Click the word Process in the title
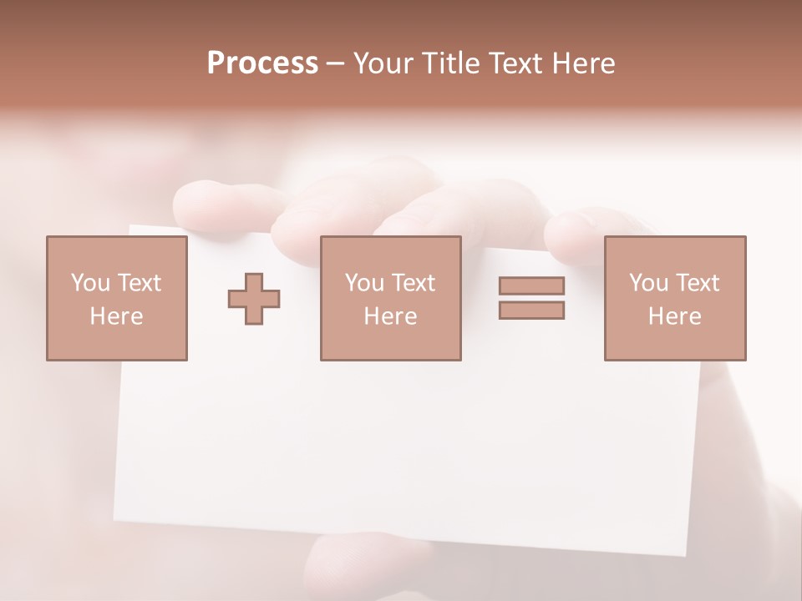(x=262, y=63)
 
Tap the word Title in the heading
(x=450, y=63)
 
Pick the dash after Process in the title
(x=336, y=64)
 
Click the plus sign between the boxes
(x=254, y=299)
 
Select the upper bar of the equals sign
(x=531, y=285)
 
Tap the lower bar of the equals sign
(x=531, y=311)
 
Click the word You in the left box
(x=90, y=283)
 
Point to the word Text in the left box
(x=139, y=283)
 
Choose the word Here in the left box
(x=116, y=316)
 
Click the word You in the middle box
(x=364, y=283)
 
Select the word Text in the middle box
(x=413, y=283)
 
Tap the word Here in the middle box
(x=390, y=316)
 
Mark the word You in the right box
(x=648, y=283)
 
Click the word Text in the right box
(x=697, y=283)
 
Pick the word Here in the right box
(x=674, y=316)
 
